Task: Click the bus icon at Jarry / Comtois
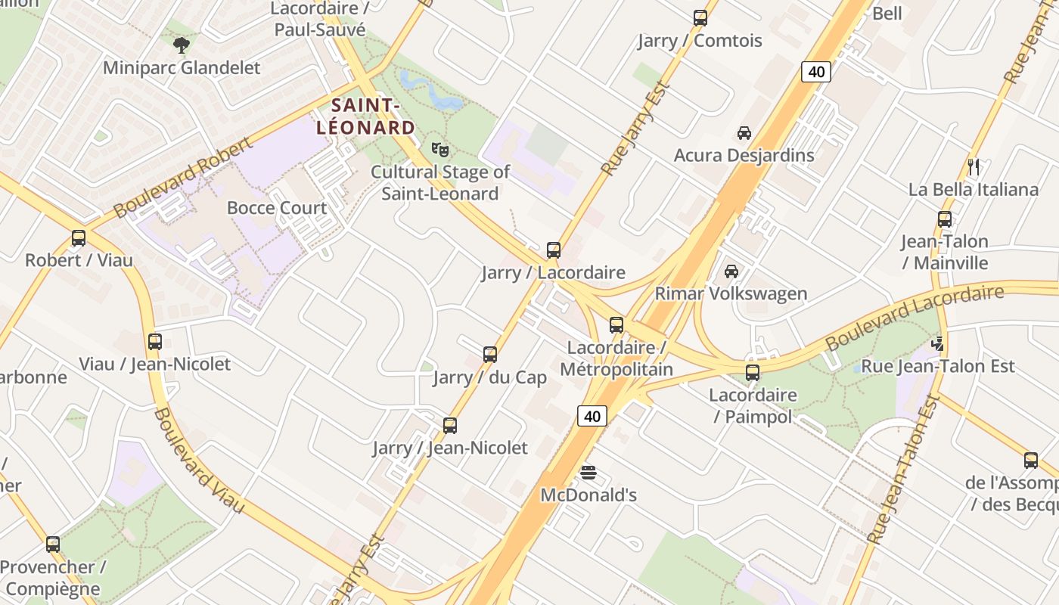[x=700, y=18]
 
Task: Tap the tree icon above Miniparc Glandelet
[x=181, y=45]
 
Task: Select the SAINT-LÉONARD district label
[x=365, y=116]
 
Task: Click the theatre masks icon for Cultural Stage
[x=439, y=150]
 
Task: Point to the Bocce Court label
[x=277, y=208]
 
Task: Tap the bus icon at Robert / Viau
[x=79, y=238]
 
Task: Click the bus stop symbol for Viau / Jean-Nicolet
[x=155, y=342]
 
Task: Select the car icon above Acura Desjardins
[x=744, y=133]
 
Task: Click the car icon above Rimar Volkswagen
[x=731, y=271]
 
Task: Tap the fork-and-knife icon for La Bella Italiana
[x=974, y=167]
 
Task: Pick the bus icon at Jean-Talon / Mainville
[x=945, y=219]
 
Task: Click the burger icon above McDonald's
[x=589, y=473]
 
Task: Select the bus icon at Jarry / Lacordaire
[x=554, y=250]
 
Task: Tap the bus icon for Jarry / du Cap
[x=490, y=355]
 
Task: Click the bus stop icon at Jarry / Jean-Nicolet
[x=450, y=426]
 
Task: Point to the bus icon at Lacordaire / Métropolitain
[x=616, y=325]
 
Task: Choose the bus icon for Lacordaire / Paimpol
[x=753, y=373]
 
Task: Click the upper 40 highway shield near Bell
[x=816, y=72]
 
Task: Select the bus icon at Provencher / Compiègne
[x=53, y=544]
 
